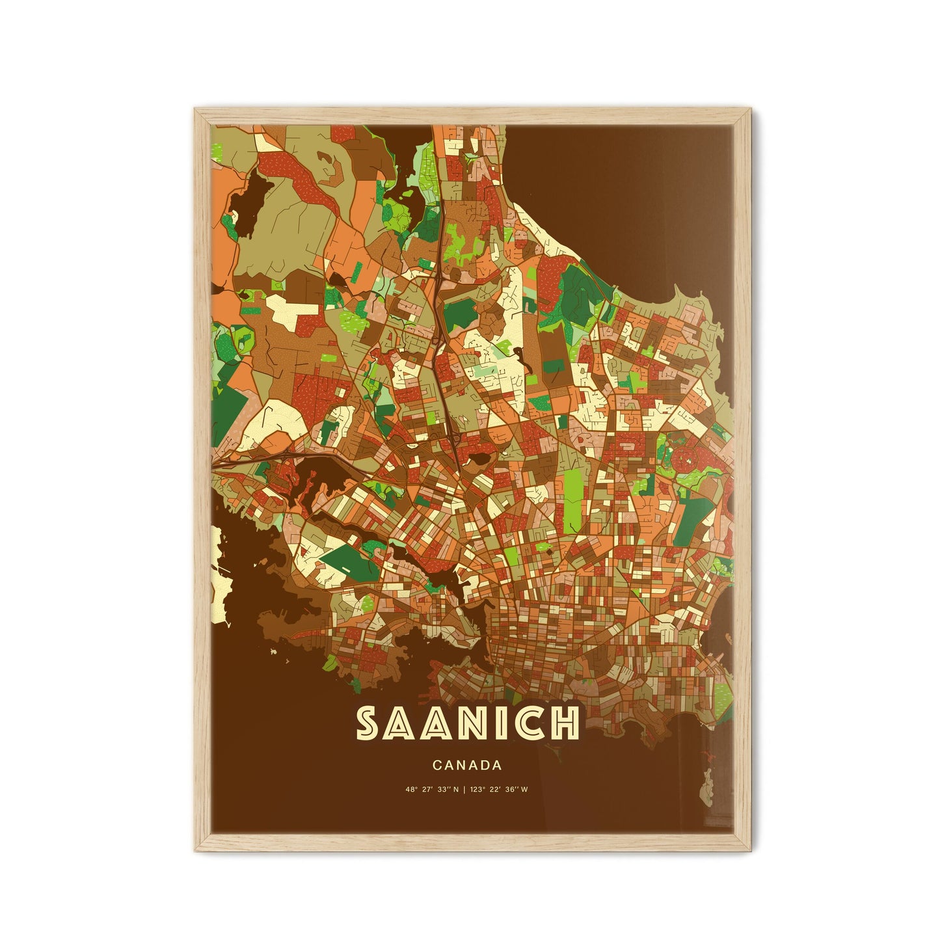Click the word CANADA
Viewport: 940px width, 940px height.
coord(466,766)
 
